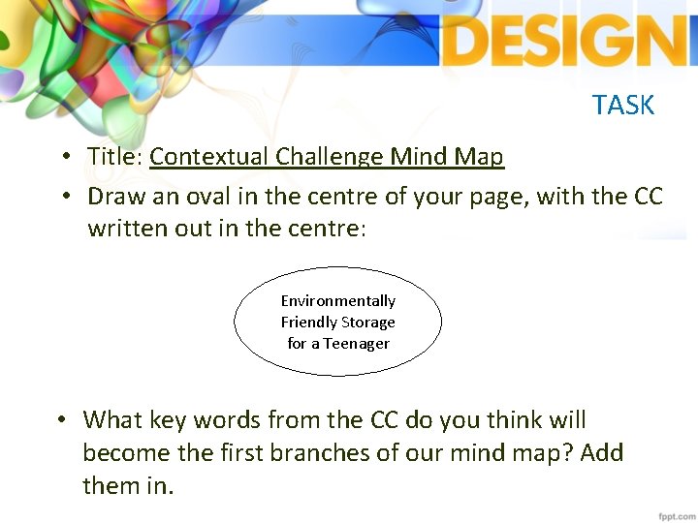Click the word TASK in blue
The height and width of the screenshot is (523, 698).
point(623,105)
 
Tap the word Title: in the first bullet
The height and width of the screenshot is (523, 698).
point(115,156)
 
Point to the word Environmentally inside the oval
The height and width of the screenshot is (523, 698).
point(338,301)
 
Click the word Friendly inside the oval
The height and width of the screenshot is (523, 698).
point(308,323)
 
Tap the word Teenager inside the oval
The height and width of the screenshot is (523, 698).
point(357,344)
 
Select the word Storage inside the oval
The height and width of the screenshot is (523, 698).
point(366,323)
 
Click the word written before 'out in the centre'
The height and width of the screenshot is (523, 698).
point(126,230)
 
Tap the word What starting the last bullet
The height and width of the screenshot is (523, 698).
point(113,419)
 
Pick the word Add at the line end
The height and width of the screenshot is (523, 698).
point(601,452)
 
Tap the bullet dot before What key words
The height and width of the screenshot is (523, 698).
point(61,420)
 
